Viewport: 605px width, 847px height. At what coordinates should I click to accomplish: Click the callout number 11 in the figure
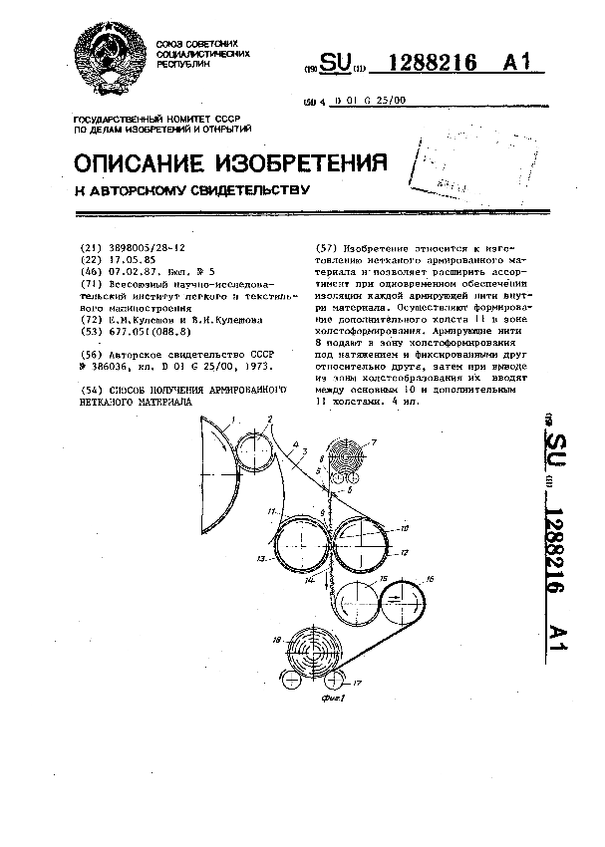(x=272, y=512)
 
